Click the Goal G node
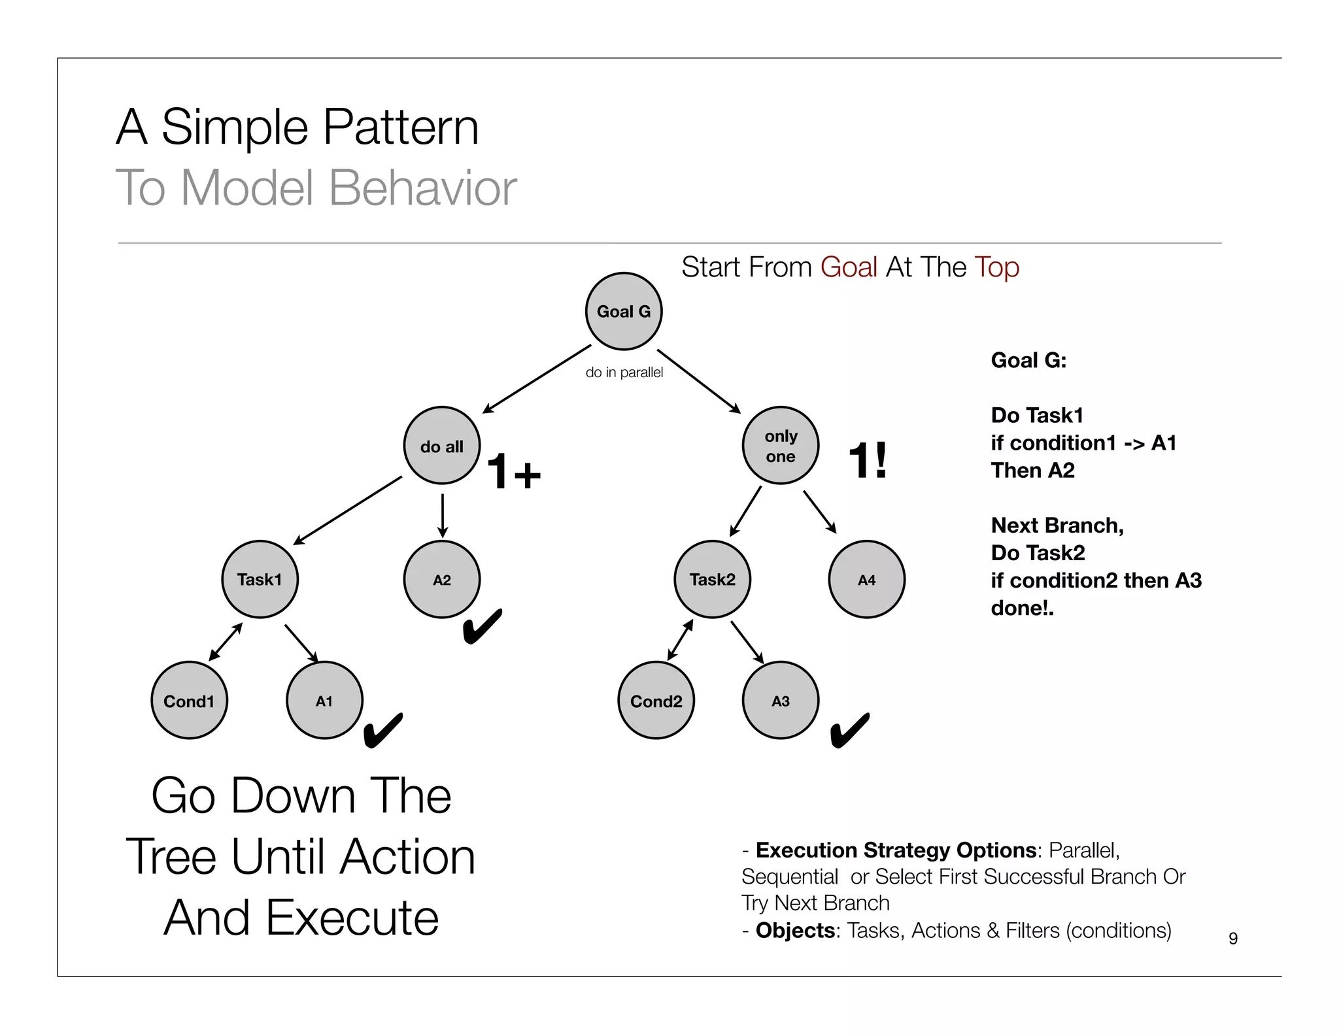[x=623, y=311]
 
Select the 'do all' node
[x=442, y=446]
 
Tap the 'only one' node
[x=781, y=446]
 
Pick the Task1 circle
[x=260, y=579]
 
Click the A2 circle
[x=442, y=579]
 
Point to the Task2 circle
[x=712, y=579]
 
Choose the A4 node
[x=866, y=579]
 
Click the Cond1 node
[x=189, y=701]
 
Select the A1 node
[x=324, y=701]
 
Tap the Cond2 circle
[x=656, y=701]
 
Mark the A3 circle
[x=781, y=701]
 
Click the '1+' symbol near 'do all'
[x=514, y=471]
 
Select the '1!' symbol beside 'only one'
[x=868, y=460]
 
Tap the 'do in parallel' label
[x=624, y=373]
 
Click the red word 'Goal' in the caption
[x=849, y=267]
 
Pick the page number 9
[x=1233, y=938]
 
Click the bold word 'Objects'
[x=795, y=930]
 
